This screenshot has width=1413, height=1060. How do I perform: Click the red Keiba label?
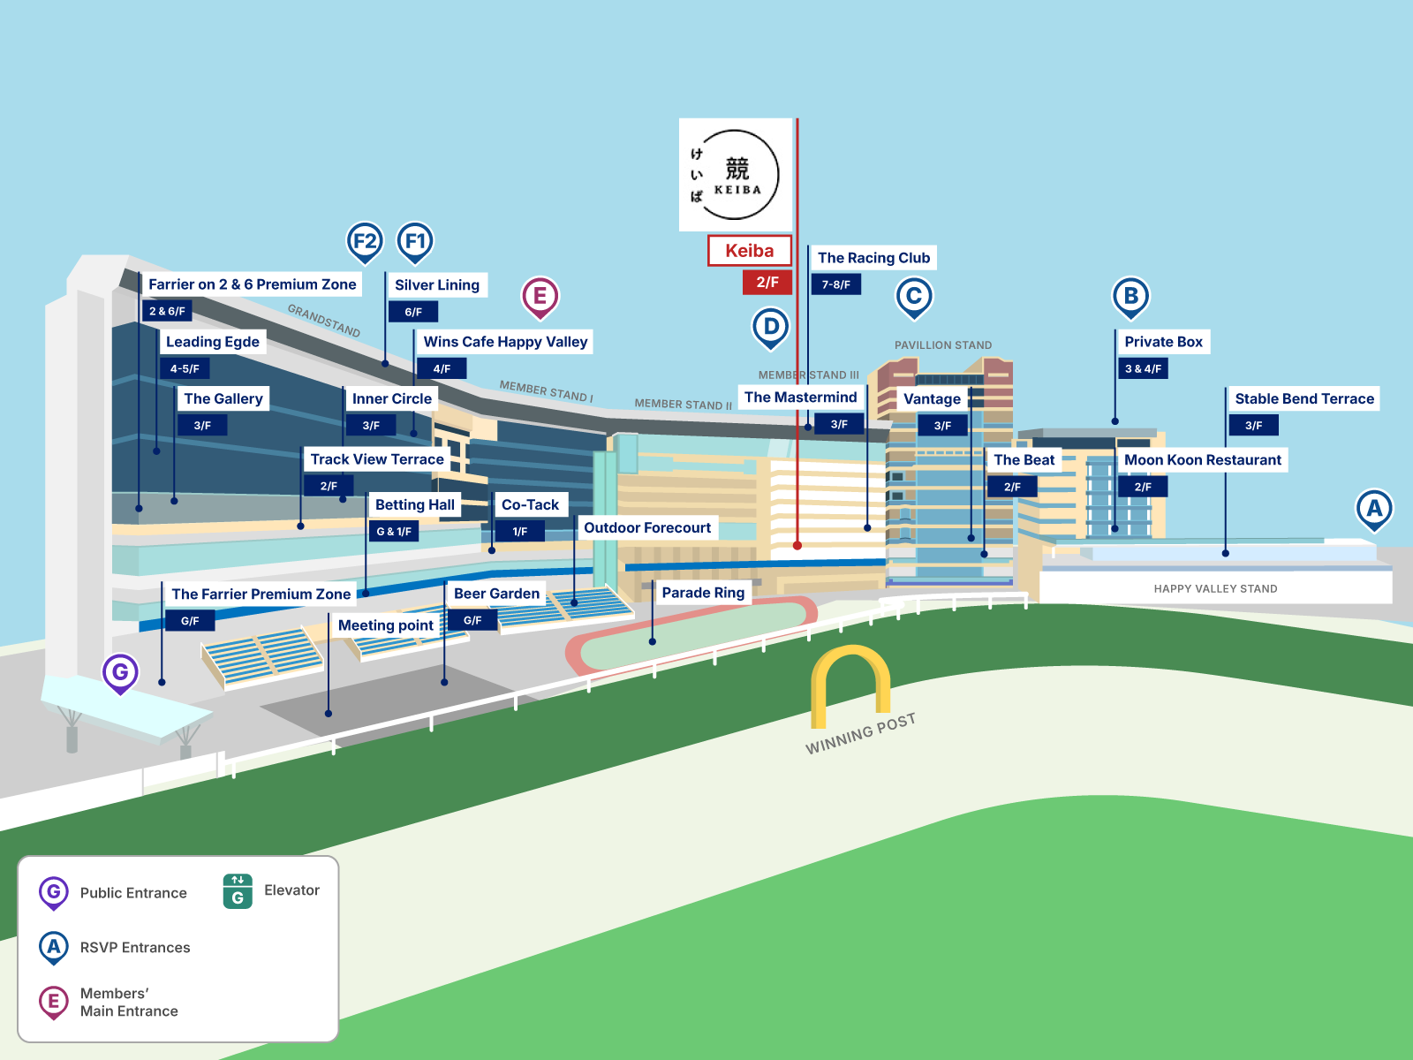point(749,251)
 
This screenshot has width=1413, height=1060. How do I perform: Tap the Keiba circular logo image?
point(736,175)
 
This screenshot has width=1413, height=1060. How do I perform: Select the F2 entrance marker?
point(365,241)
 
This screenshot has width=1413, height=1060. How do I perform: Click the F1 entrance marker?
point(415,241)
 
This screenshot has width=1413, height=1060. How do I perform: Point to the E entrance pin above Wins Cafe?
point(540,297)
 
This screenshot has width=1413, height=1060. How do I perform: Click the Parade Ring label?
point(703,593)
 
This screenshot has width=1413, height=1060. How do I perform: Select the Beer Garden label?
point(496,594)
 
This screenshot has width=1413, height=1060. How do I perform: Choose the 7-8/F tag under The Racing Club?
point(835,284)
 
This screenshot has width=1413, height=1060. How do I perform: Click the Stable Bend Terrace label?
point(1303,399)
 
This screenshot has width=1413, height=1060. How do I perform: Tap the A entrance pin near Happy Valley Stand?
point(1374,509)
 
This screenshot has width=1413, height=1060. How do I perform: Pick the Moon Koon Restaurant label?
point(1202,460)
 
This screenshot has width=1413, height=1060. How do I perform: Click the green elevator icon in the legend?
point(238,891)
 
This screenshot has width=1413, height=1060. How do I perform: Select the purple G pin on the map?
point(120,673)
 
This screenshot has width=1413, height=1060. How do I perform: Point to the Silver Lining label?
point(436,285)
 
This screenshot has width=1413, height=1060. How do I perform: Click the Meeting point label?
point(386,625)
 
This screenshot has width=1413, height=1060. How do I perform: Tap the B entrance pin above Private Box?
point(1130,297)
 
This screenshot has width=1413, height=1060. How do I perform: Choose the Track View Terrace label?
point(377,459)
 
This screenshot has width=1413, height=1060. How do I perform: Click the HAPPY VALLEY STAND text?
point(1215,589)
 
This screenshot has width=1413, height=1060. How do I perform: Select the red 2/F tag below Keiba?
point(767,283)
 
